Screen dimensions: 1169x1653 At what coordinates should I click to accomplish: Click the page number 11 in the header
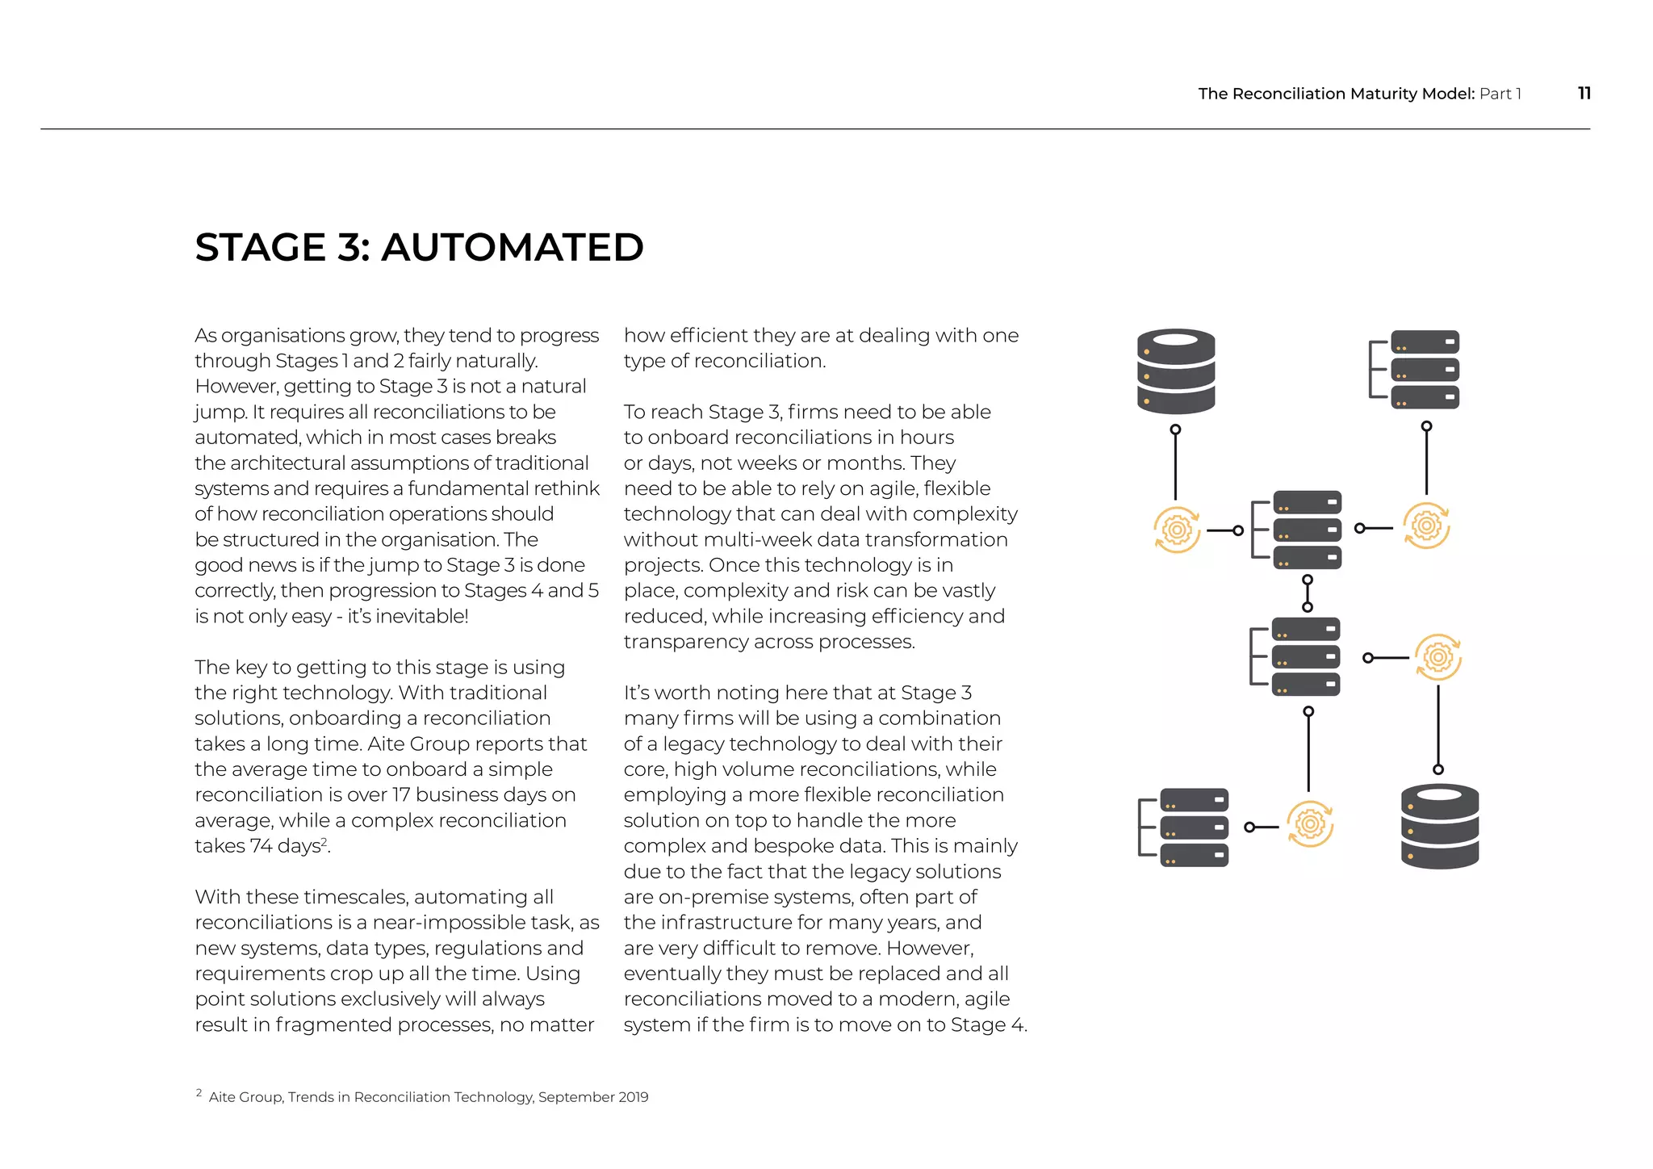point(1584,93)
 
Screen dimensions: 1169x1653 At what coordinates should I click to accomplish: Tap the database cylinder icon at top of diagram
point(1175,371)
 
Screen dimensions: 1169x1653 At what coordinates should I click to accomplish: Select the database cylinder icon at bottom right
point(1439,826)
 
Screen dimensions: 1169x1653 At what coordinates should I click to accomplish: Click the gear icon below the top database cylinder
point(1176,530)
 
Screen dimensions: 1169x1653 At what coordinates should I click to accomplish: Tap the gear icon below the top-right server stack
point(1425,526)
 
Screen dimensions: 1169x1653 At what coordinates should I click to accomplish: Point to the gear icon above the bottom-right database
point(1437,657)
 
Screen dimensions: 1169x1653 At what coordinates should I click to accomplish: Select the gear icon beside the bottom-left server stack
point(1309,824)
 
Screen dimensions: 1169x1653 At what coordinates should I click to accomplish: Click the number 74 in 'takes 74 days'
point(261,846)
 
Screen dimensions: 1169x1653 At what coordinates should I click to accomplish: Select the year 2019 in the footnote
point(633,1097)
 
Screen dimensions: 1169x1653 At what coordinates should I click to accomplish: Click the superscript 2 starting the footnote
point(199,1093)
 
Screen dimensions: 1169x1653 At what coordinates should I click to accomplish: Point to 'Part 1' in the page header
point(1500,94)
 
